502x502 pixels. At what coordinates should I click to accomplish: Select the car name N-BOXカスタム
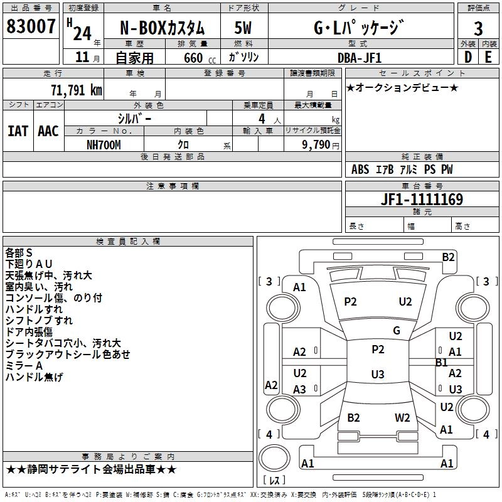pos(162,28)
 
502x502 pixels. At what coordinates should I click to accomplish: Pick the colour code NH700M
pos(104,144)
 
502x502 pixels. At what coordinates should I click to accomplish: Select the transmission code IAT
pos(18,131)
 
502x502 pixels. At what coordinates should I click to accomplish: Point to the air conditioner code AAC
pos(48,131)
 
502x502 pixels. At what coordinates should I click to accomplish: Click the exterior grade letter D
pos(468,57)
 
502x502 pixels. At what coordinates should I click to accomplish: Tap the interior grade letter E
pos(488,57)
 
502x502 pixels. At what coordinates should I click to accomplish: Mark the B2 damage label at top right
pos(448,257)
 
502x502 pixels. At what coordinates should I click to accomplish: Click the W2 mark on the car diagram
pos(402,417)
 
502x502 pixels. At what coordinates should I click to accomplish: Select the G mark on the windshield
pos(396,330)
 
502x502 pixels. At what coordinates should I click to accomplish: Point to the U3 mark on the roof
pos(377,375)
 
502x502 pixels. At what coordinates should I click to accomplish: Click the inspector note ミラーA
pos(24,366)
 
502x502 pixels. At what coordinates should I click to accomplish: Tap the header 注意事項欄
pos(173,186)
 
